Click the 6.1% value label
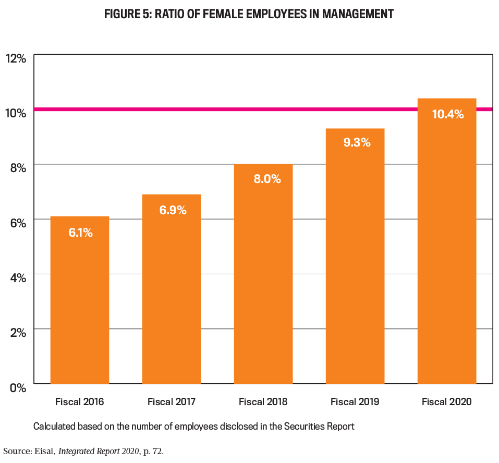tap(80, 233)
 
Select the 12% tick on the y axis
tap(16, 58)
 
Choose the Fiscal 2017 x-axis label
tap(172, 402)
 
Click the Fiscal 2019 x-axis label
tap(355, 402)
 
